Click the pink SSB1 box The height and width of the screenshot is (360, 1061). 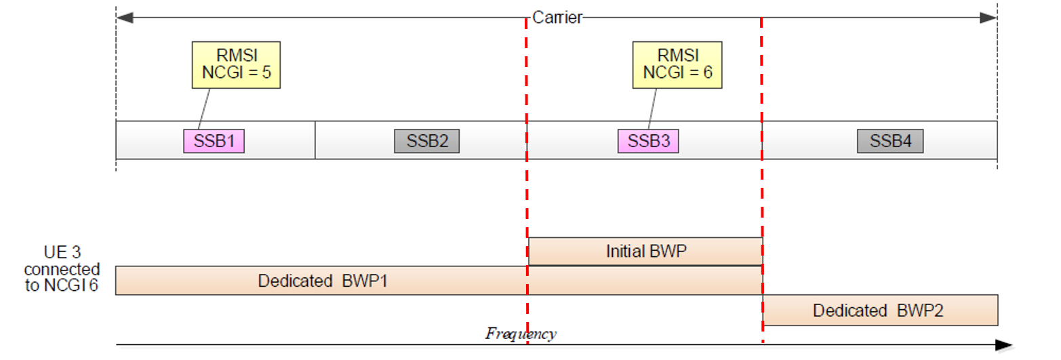tap(214, 141)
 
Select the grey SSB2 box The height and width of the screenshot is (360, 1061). tap(426, 141)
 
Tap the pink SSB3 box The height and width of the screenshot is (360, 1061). tap(647, 141)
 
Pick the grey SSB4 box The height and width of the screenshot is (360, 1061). tap(890, 141)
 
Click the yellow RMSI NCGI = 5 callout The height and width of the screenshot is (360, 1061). tap(236, 64)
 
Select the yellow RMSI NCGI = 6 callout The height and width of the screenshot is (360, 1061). tap(675, 64)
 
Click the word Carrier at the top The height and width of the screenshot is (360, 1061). tap(557, 18)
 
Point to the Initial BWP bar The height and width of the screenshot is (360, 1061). tap(645, 252)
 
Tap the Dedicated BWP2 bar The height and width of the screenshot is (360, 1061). tap(880, 310)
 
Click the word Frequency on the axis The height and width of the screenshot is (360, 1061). tap(521, 333)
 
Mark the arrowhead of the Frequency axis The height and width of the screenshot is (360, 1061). tap(1005, 345)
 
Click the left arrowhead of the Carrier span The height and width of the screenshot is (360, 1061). tap(125, 18)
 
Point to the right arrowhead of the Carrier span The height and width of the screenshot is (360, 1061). tap(988, 18)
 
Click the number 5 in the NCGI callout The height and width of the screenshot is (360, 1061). tap(266, 73)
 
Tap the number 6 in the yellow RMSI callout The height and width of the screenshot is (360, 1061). tap(707, 73)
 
